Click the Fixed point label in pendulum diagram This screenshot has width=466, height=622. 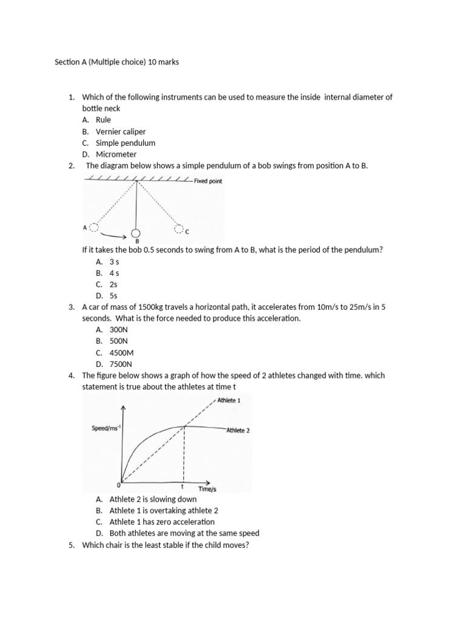(x=208, y=181)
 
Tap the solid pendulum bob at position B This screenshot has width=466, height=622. (x=136, y=233)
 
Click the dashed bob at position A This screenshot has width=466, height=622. (x=93, y=227)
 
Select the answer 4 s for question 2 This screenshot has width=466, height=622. (x=114, y=273)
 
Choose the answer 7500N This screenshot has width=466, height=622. (x=120, y=364)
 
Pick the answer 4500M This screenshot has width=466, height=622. (x=121, y=352)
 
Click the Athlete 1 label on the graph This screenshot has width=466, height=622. (x=229, y=401)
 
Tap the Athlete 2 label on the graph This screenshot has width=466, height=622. (x=238, y=430)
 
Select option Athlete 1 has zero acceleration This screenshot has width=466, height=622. (x=162, y=522)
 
